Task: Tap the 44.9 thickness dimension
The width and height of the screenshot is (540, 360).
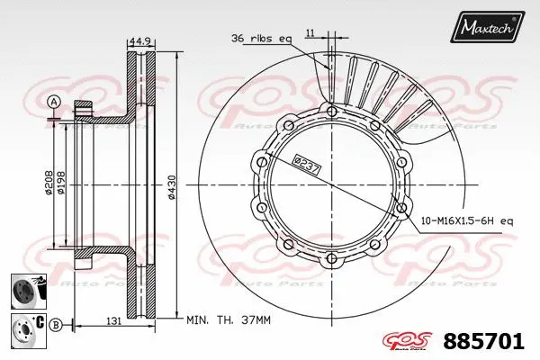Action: (x=139, y=40)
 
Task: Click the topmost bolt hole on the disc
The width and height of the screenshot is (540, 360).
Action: (x=330, y=111)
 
